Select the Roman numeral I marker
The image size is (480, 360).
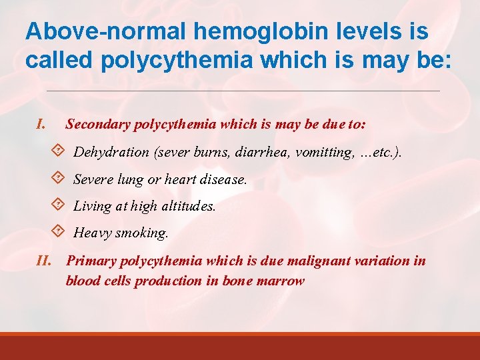coord(41,123)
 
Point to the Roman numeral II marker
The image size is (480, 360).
coord(47,261)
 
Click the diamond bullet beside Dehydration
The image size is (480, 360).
coord(58,151)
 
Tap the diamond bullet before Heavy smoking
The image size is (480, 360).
coord(58,233)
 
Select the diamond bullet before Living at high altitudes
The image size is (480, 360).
coord(58,205)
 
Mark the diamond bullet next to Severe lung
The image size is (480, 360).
coord(58,179)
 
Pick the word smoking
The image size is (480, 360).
coord(143,233)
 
